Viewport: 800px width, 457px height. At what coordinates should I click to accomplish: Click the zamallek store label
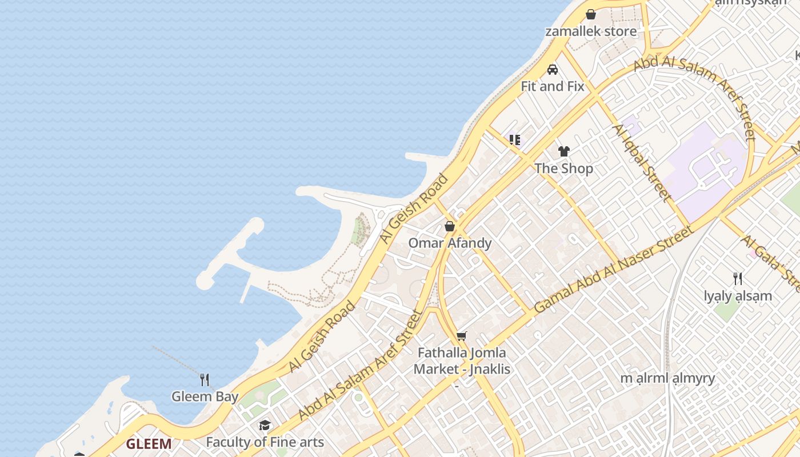[591, 31]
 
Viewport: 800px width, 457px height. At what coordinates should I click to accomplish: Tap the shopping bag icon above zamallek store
[591, 14]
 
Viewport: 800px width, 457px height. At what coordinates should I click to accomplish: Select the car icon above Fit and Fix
[553, 70]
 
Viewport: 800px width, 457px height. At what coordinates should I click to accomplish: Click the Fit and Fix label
[553, 86]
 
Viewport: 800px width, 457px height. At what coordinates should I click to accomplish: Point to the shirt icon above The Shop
[564, 151]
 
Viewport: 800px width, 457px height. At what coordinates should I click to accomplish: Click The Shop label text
[564, 169]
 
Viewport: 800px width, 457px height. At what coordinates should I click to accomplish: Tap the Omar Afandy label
[450, 243]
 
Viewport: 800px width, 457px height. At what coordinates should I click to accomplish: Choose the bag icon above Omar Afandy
[450, 226]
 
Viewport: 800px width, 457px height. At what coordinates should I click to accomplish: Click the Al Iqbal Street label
[642, 163]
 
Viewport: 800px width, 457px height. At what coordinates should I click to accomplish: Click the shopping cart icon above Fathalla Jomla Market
[462, 336]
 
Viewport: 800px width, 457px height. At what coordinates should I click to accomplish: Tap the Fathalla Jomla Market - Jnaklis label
[462, 361]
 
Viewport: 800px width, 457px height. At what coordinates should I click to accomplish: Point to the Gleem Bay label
[205, 396]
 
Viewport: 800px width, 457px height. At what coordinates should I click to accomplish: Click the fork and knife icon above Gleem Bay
[205, 379]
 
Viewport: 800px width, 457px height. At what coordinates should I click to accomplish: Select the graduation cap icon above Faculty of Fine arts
[265, 425]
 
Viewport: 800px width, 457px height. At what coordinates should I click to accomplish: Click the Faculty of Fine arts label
[265, 442]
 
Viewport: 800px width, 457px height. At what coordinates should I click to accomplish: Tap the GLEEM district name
[149, 444]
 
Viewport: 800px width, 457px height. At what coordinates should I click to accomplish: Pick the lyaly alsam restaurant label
[738, 296]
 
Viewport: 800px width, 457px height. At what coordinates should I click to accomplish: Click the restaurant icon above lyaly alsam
[738, 279]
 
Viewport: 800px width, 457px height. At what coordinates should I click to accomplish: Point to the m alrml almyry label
[668, 378]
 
